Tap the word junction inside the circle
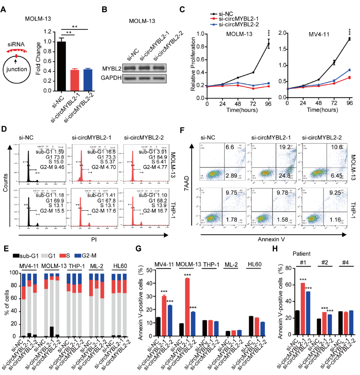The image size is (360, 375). coord(17,69)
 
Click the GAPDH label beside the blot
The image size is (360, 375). coord(111,78)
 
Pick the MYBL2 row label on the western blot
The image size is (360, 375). coord(112,69)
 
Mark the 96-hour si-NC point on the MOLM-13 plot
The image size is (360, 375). coord(268,44)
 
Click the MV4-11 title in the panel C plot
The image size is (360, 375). coord(319,34)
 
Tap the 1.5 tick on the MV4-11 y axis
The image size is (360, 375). coord(282,49)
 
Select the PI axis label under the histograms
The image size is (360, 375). coord(94,239)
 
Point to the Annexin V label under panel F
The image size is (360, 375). coord(271,239)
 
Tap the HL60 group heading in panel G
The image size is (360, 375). coord(255,264)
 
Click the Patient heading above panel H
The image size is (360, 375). coord(301,254)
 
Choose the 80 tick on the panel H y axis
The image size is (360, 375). coord(288,268)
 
